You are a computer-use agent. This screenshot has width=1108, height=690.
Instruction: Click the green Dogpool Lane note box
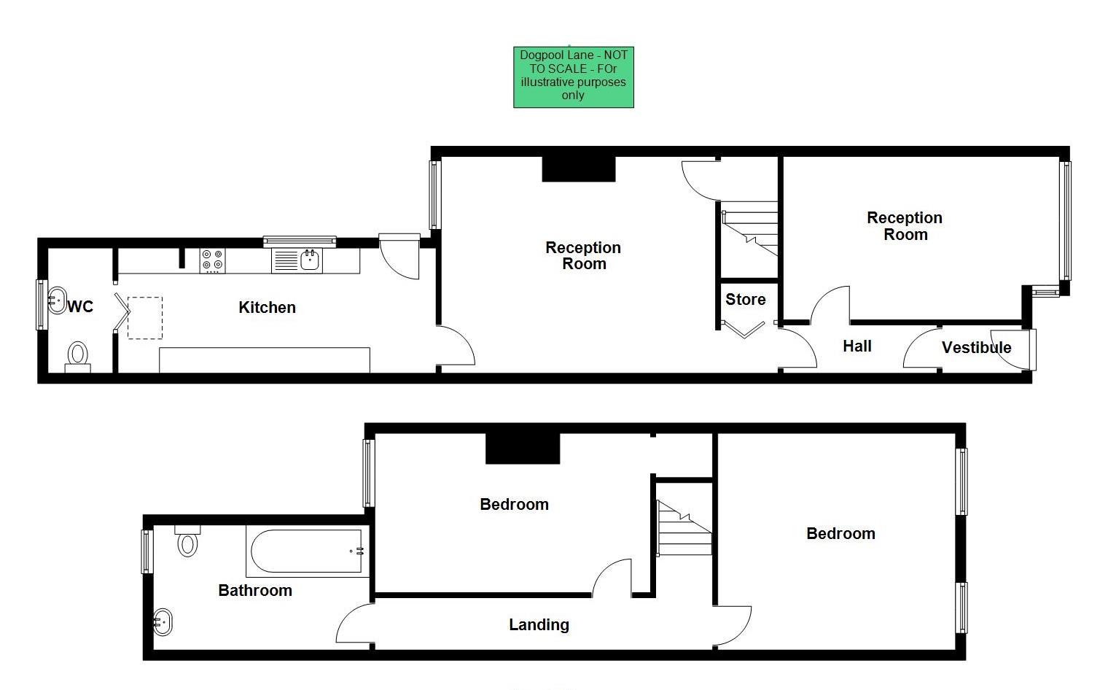coord(573,77)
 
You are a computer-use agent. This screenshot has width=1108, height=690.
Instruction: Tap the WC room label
coord(80,306)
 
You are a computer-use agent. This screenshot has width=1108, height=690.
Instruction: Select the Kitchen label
coord(267,308)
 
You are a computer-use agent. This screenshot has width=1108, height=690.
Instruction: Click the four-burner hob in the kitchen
coord(213,261)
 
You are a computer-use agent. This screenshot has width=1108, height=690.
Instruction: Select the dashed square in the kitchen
coord(145,318)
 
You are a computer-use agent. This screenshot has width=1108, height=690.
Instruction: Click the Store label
coord(745,300)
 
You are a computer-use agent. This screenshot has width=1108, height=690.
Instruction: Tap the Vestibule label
coord(976,348)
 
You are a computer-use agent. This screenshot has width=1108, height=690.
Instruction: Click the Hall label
coord(857,346)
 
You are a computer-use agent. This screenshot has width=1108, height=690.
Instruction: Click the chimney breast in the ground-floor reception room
coord(579,169)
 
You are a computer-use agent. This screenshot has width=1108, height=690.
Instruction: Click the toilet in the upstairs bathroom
coord(188,540)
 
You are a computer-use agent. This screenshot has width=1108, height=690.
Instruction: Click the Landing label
coord(539,625)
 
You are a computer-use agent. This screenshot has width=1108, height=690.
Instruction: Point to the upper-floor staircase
coord(684,528)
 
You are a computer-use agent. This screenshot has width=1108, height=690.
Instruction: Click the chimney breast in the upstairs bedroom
coord(523,449)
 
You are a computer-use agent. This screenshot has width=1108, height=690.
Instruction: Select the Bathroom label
coord(255,591)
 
